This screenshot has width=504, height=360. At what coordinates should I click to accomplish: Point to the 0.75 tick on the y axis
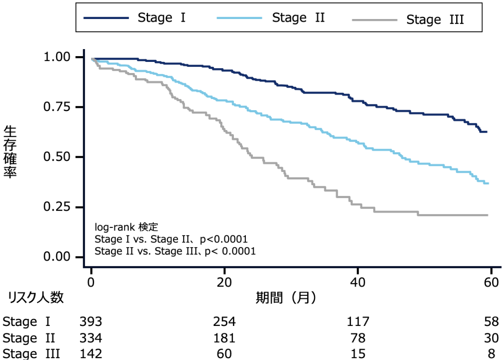coord(80,107)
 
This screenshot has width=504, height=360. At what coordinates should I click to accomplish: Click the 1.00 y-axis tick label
coord(57,57)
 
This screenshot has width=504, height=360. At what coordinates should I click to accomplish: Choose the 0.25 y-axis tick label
coord(57,207)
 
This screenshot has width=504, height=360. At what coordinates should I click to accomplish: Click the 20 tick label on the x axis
coord(224,282)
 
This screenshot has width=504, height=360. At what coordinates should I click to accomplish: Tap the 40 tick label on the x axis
coord(357,282)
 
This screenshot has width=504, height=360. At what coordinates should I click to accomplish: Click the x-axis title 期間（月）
coord(286,298)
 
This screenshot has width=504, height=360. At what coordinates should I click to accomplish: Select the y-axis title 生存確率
coord(10,152)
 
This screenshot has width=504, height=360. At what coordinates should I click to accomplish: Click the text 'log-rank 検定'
coord(126,227)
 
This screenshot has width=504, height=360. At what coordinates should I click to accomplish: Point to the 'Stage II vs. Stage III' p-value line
coord(175,251)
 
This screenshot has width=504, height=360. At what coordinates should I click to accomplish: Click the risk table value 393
coord(91,322)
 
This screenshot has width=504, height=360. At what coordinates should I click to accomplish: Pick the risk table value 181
coord(224,338)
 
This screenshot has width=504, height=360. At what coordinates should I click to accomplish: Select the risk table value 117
coord(358,322)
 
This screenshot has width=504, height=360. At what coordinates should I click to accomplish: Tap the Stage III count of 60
coord(224,354)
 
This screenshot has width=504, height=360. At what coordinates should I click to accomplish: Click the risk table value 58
coord(492,322)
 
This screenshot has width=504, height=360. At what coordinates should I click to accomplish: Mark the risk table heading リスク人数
coord(36,298)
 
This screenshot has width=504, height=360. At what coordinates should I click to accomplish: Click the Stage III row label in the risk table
coord(31,354)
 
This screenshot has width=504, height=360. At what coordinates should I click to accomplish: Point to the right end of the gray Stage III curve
coord(488,215)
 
